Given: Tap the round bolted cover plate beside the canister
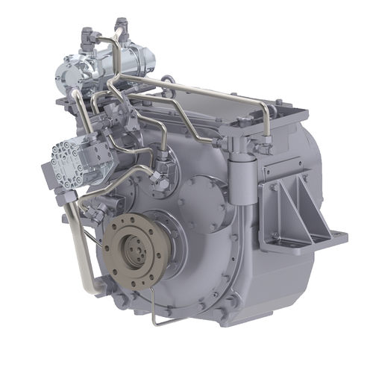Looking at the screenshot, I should [x=200, y=200].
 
